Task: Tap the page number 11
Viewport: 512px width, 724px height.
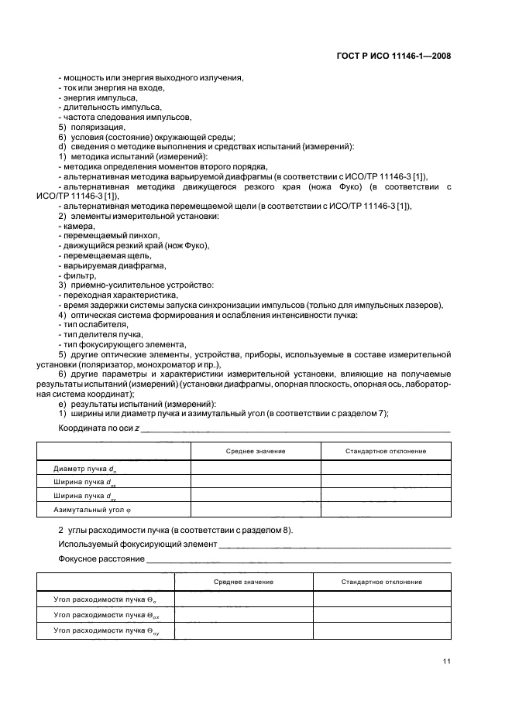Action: click(447, 661)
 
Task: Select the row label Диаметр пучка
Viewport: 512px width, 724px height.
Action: click(85, 469)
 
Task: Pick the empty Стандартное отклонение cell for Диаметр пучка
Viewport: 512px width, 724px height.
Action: click(385, 469)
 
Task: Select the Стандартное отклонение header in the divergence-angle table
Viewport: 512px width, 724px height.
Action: click(382, 581)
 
